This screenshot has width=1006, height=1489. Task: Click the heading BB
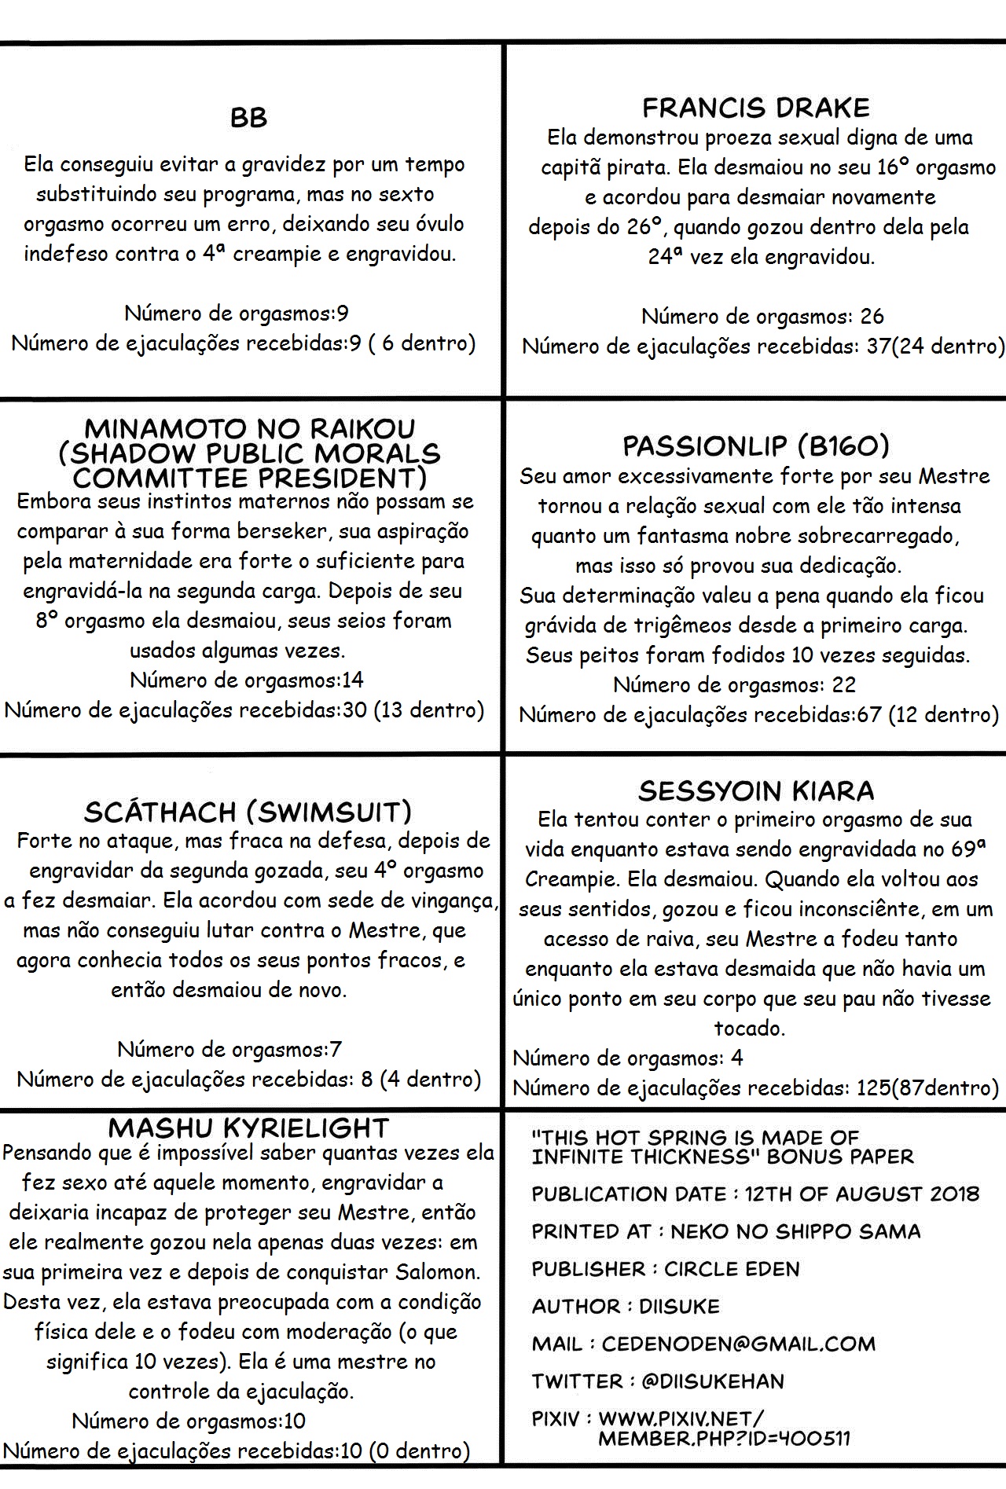click(248, 118)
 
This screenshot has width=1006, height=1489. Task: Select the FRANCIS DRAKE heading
click(755, 108)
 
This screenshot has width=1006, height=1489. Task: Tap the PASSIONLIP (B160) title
click(755, 446)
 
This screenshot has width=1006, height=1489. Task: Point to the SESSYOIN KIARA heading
click(755, 790)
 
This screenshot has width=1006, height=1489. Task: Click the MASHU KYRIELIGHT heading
click(248, 1128)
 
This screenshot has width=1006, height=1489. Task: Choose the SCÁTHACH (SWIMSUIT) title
click(248, 812)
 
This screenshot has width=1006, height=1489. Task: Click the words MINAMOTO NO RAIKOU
click(248, 429)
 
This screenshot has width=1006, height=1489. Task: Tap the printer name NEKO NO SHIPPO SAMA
click(795, 1231)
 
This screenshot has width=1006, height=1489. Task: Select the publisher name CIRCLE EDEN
click(732, 1269)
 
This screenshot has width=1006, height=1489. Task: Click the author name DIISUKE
click(679, 1307)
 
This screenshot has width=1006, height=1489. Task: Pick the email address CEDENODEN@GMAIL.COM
click(738, 1344)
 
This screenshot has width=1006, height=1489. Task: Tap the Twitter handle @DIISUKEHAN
click(712, 1381)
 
